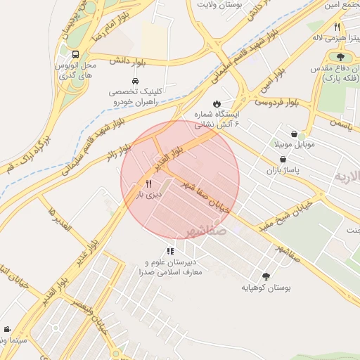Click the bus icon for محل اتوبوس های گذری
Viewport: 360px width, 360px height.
pyautogui.click(x=75, y=53)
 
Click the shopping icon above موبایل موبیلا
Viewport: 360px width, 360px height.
pyautogui.click(x=294, y=134)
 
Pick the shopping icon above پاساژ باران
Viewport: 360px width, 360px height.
pyautogui.click(x=282, y=160)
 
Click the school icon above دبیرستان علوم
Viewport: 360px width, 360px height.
pyautogui.click(x=170, y=251)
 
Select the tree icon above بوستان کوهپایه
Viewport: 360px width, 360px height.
pyautogui.click(x=266, y=276)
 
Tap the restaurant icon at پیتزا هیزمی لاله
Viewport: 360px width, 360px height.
pyautogui.click(x=337, y=27)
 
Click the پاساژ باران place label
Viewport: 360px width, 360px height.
pyautogui.click(x=282, y=171)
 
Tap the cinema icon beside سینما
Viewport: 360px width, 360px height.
pyautogui.click(x=7, y=329)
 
